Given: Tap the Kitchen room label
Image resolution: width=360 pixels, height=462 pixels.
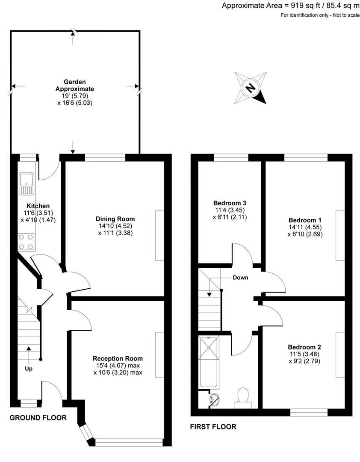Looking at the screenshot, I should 38,206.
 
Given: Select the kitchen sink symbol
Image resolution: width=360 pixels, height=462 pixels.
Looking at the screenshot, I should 27,183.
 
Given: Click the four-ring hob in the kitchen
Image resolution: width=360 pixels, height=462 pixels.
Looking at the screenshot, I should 27,242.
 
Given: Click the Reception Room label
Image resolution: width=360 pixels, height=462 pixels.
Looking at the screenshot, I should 118,358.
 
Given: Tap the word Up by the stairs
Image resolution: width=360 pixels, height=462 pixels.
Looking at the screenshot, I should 28,368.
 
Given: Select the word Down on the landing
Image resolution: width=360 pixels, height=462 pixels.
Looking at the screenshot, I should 240,278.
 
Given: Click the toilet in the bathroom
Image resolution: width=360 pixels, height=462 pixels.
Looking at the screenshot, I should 244,395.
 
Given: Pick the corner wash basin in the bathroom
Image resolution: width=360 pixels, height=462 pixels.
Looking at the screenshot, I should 215,400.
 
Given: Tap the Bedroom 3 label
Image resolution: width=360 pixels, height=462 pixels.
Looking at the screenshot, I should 230,203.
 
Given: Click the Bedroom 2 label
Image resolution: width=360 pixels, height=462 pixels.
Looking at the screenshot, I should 304,347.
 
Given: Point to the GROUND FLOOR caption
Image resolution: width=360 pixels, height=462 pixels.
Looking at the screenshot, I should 38,418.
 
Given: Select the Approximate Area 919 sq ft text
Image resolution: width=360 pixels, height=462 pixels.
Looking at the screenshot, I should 291,6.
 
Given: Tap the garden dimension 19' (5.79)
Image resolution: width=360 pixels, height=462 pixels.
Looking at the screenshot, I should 75,96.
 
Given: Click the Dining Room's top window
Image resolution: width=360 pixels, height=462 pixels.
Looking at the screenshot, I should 105,157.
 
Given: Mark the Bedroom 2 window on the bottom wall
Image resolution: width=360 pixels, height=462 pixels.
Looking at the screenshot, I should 309,412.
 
